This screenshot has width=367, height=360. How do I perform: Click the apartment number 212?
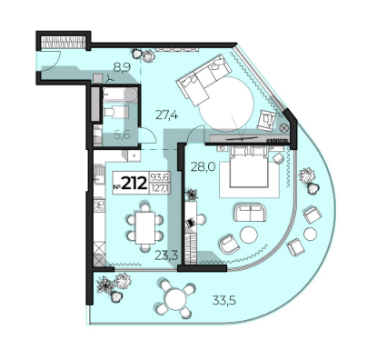coord(134,183)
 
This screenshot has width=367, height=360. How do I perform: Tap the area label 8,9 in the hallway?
coord(122,67)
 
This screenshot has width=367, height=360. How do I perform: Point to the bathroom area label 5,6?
coord(122,135)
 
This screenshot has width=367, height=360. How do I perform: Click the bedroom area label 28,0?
coord(203,166)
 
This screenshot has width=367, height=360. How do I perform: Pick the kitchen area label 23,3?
coord(166,255)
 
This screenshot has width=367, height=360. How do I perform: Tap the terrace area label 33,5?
coord(223,301)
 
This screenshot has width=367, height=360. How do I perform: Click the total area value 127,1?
coord(159,188)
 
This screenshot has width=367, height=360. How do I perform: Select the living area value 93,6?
coord(159,177)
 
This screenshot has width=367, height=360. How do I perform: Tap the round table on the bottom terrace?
coord(175,299)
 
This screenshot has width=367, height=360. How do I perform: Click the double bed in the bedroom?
coord(249,167)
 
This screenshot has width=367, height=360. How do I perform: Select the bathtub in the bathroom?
coord(120,95)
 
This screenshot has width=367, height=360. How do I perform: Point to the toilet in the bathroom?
coord(115,112)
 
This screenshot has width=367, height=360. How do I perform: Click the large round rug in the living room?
coord(226,104)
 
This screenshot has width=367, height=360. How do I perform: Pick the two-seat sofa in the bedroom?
coord(250,213)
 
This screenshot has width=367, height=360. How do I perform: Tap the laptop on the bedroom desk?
coord(190,223)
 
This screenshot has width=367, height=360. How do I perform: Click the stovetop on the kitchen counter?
coord(99,205)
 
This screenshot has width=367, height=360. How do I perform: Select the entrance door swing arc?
coord(55,61)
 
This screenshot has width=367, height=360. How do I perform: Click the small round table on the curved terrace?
coord(310,234)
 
